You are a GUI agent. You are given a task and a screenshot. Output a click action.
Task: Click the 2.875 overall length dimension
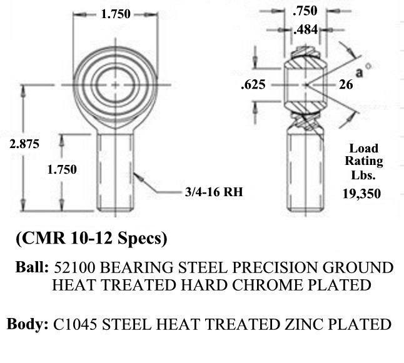[24, 144]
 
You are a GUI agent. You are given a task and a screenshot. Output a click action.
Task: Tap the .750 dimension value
[305, 11]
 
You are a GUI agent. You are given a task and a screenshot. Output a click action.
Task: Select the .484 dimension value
[306, 30]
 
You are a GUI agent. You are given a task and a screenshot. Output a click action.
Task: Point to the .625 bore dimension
[253, 85]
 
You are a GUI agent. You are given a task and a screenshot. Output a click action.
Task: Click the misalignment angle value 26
[346, 85]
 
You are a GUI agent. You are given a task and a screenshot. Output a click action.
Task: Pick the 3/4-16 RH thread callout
[214, 192]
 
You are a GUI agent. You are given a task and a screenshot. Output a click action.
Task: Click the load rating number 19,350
[361, 194]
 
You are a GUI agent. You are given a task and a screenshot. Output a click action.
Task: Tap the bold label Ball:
[32, 267]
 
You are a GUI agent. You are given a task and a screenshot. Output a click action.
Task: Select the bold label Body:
[28, 324]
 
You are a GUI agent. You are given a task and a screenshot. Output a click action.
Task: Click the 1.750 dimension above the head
[116, 14]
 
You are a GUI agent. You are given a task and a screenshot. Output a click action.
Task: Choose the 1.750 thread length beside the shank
[62, 169]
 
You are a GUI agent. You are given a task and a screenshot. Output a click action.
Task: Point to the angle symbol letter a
[360, 72]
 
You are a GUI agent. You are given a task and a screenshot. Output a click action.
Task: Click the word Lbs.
[363, 175]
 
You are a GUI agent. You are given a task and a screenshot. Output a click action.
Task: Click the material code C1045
[75, 324]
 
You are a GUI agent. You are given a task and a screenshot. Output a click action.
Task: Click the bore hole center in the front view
[115, 85]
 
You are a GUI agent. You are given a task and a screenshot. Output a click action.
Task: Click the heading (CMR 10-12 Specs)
[91, 238]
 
